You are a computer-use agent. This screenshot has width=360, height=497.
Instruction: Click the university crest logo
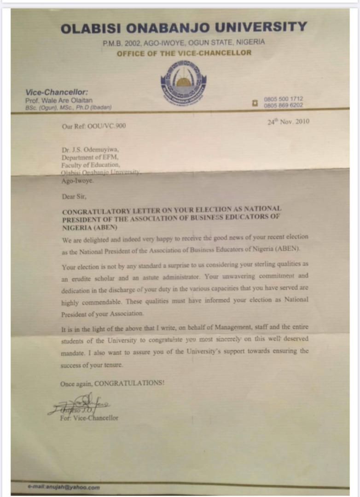coord(184,83)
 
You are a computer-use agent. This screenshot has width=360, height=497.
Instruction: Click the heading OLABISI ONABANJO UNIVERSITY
coord(184,28)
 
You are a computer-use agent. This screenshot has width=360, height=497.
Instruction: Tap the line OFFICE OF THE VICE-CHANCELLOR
coord(184,53)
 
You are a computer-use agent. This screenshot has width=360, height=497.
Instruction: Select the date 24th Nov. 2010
coord(288,122)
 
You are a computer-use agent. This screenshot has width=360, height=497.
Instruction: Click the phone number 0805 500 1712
coord(284,99)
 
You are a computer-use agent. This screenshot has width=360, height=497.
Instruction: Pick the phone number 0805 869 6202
coord(284,105)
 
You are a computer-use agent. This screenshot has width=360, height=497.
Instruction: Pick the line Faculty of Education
coord(91,165)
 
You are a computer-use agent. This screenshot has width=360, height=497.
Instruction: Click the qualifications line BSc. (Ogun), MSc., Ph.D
coord(68,107)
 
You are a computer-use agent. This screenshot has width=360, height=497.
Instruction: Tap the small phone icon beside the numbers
coord(255,103)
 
